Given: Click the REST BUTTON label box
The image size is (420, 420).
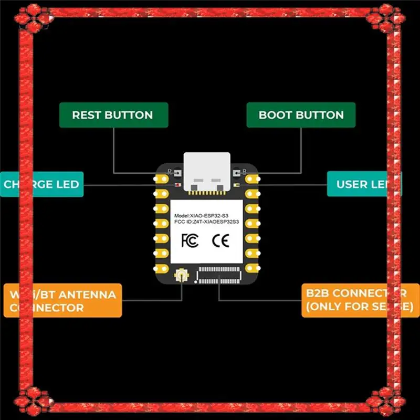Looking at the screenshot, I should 113,115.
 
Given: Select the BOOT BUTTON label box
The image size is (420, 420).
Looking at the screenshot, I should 301,115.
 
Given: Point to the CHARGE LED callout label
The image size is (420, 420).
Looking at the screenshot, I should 41,184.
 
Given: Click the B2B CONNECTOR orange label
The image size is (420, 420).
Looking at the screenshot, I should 357,300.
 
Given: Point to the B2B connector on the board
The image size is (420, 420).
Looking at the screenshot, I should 219,274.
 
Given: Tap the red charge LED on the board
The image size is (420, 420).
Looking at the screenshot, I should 177,185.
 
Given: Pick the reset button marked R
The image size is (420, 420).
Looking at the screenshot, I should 177,172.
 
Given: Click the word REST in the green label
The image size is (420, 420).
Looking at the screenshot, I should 87,115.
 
